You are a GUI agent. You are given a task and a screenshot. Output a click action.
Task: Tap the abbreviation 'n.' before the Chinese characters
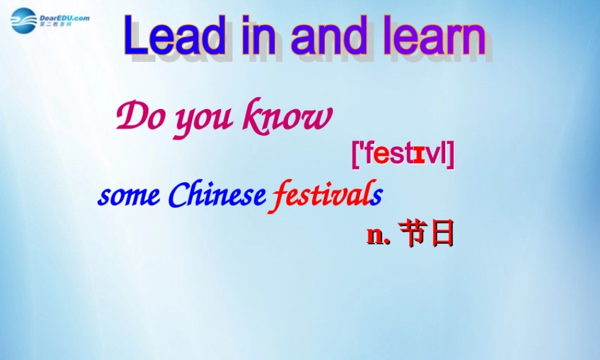coord(379,235)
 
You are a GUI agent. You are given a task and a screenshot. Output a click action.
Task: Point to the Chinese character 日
coord(442,234)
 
